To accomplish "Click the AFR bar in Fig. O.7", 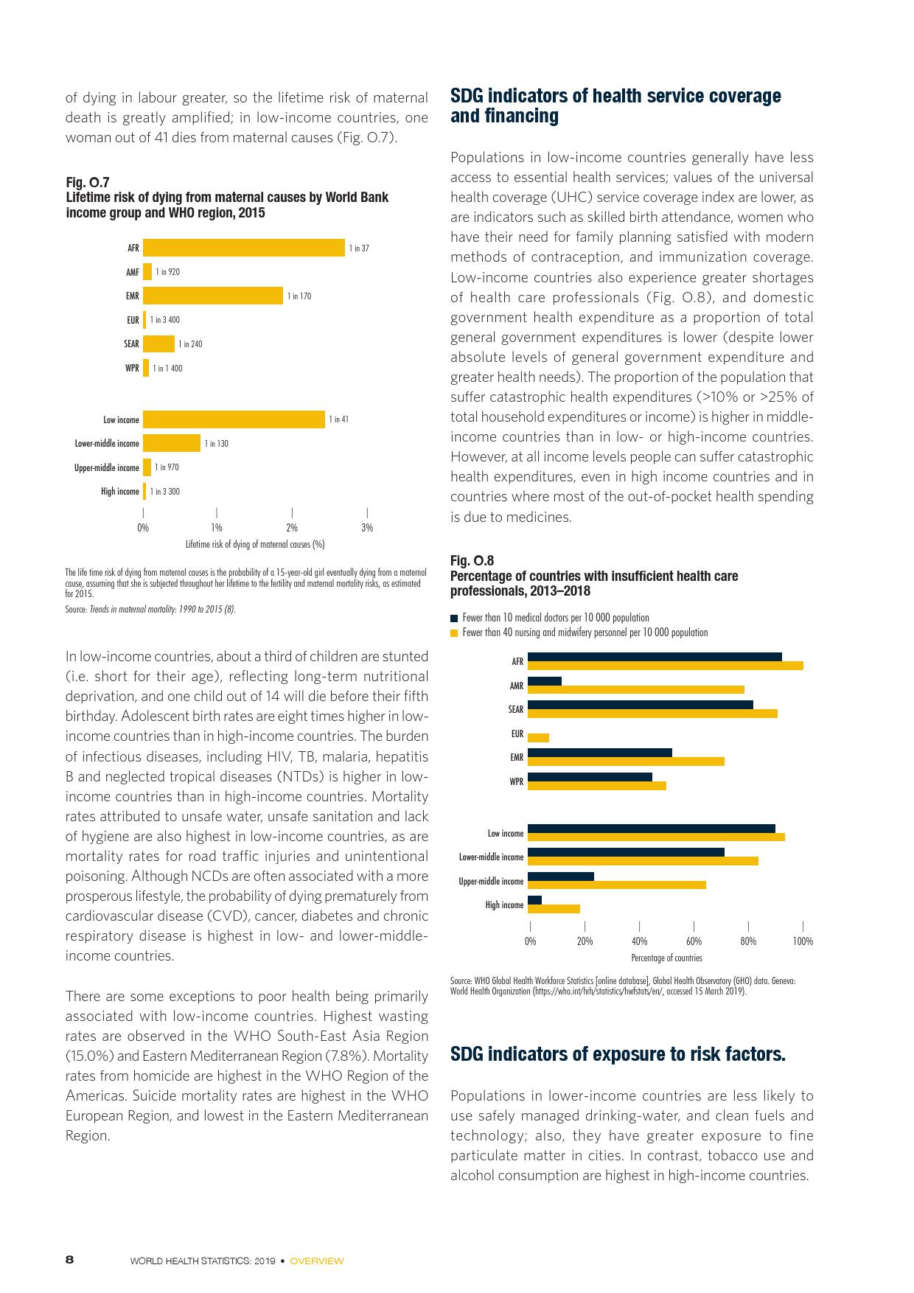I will [244, 248].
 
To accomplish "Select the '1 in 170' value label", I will [299, 296].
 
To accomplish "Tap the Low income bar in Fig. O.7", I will [234, 419].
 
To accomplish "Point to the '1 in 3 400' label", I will [165, 320].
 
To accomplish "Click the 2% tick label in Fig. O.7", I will [292, 527].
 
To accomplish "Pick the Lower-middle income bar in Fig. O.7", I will [172, 443].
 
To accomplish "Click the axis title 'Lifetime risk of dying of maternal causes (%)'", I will [255, 545].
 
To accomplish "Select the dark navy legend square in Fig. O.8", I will [454, 618].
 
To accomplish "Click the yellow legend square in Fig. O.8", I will [454, 632].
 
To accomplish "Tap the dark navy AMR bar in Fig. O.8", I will [545, 681].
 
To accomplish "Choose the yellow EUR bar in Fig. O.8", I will [539, 738].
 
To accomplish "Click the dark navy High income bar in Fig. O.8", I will [535, 900].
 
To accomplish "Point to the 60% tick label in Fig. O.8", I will [694, 941].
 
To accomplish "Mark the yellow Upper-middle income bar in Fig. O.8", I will [617, 885].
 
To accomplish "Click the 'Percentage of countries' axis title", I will [666, 958].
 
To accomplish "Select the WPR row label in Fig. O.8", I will [516, 781].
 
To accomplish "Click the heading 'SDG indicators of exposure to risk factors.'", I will [618, 1054].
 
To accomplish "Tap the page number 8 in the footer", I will [70, 1260].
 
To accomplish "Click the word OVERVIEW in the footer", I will [317, 1261].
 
